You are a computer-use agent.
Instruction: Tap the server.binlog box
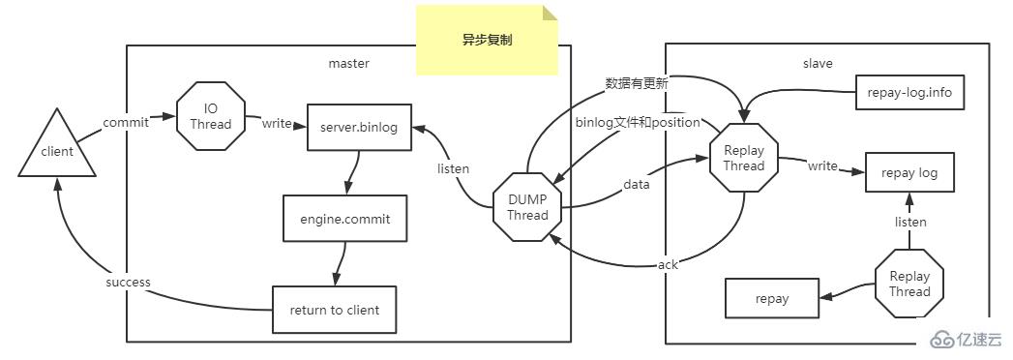point(359,126)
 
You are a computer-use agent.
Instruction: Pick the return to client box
point(334,310)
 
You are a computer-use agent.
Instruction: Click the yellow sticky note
point(488,41)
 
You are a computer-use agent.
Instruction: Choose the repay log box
point(909,174)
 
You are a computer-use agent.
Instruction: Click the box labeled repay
point(772,299)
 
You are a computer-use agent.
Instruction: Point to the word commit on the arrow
point(126,123)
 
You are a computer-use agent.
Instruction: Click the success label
point(128,283)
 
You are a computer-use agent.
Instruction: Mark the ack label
point(668,264)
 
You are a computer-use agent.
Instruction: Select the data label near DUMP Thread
point(637,183)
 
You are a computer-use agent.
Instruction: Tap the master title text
point(349,64)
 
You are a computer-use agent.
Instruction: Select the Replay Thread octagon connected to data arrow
point(743,158)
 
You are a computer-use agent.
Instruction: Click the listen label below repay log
point(909,222)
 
